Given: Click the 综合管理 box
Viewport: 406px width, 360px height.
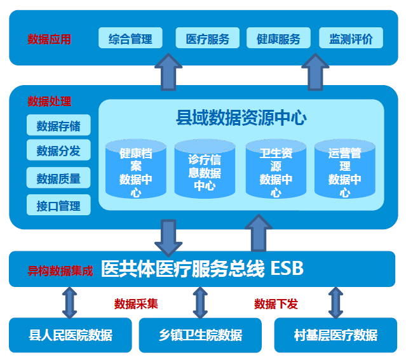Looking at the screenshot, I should tap(130, 38).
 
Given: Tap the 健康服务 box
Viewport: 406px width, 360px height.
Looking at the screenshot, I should tap(278, 38).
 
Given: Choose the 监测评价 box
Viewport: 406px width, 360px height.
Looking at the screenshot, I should tap(351, 38).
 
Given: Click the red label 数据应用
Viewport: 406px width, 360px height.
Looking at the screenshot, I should tap(50, 39).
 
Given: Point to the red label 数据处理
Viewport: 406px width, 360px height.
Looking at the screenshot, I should tap(50, 102).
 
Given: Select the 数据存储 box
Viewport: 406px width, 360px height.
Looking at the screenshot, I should tap(58, 126).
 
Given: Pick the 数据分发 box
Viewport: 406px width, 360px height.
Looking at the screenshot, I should tap(58, 150).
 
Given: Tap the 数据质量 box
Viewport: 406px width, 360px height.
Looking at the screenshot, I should tap(58, 178).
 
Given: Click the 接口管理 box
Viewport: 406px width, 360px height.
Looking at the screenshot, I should tap(58, 206).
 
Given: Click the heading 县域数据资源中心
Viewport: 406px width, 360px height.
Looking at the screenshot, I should tap(241, 118).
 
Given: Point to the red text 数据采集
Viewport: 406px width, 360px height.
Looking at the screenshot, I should tap(136, 303).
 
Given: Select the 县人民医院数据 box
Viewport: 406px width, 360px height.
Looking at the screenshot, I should tap(71, 335).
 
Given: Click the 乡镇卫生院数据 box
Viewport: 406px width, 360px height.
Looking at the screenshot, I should tap(200, 335).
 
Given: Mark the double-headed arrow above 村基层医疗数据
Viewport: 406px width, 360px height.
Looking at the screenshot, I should tap(335, 302).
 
